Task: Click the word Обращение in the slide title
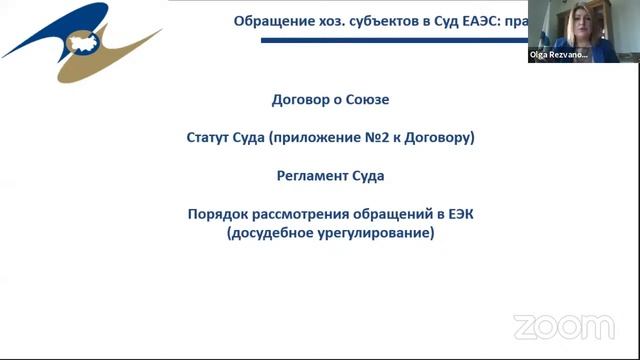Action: pyautogui.click(x=267, y=21)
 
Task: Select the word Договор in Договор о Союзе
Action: pyautogui.click(x=300, y=100)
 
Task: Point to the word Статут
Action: pyautogui.click(x=213, y=138)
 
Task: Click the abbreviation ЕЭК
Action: pyautogui.click(x=454, y=214)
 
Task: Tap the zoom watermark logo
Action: pyautogui.click(x=563, y=327)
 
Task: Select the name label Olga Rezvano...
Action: pyautogui.click(x=558, y=56)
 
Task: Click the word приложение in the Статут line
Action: pyautogui.click(x=319, y=138)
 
